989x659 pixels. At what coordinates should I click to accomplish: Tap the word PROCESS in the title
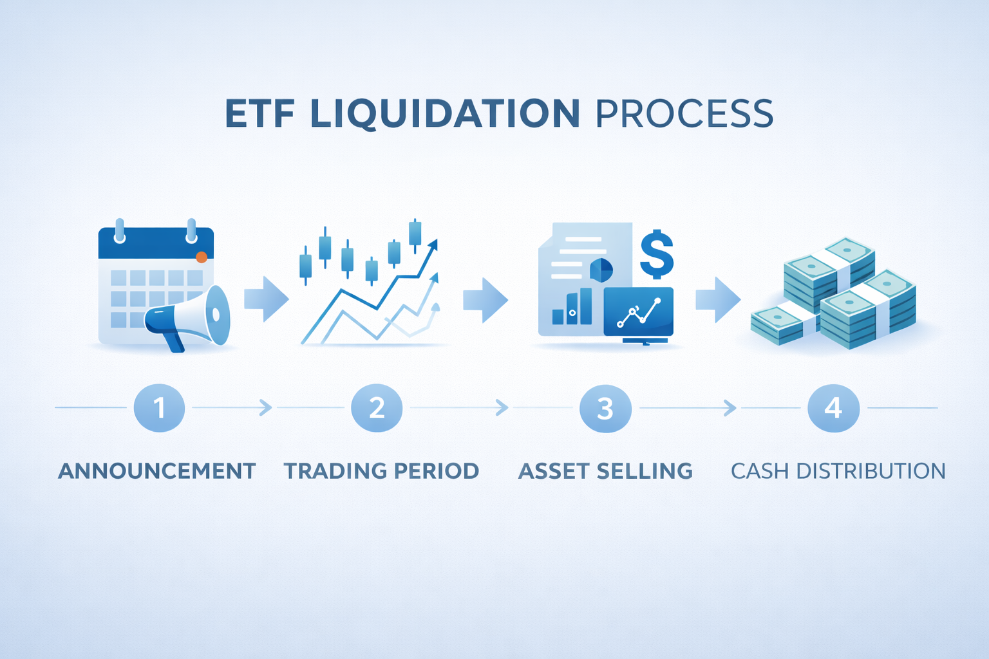pos(684,114)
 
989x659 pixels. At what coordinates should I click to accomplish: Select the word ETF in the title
pos(259,114)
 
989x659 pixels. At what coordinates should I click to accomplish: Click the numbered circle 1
pos(159,408)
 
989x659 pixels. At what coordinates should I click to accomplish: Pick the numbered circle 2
pos(377,408)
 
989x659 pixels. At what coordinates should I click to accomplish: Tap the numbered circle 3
pos(605,408)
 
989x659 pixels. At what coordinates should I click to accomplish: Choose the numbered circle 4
pos(833,408)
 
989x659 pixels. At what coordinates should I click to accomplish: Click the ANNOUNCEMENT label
pos(157,471)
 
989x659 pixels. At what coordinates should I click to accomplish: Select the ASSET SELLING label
pos(605,471)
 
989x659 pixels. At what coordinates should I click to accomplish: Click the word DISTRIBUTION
pos(871,471)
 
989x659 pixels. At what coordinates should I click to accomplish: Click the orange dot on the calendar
pos(202,257)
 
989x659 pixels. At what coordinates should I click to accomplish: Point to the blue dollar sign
pos(656,254)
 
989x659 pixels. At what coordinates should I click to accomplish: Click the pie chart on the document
pos(601,270)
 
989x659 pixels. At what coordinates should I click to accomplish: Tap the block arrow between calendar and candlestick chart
pos(267,299)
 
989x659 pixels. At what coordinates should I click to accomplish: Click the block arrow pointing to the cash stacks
pos(718,299)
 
